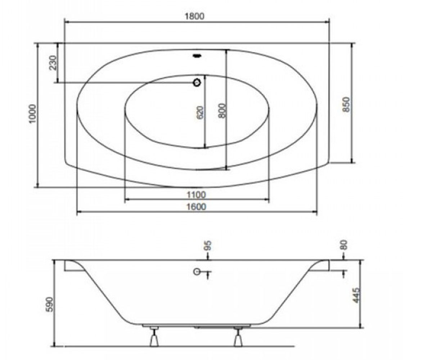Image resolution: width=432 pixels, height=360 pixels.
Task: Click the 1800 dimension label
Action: coord(194,16)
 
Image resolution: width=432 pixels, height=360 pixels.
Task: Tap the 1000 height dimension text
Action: coord(32,114)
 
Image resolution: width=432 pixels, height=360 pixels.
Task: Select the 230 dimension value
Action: coord(53,63)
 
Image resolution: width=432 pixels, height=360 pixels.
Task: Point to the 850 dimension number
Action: coord(346,105)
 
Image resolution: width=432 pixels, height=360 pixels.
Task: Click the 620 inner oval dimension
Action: coord(200,113)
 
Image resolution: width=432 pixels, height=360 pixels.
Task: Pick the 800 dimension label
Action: coord(222,111)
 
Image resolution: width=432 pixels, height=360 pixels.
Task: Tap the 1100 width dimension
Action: coord(196,195)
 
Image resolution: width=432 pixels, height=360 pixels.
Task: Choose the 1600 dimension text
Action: coord(196,207)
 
